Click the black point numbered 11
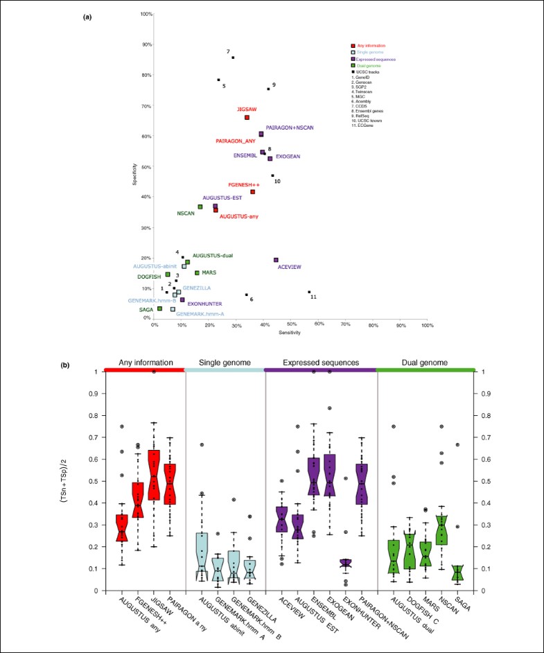pyautogui.click(x=309, y=292)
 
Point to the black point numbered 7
pyautogui.click(x=233, y=58)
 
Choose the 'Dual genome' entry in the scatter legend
pyautogui.click(x=371, y=65)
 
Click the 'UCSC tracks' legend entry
pyautogui.click(x=370, y=72)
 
